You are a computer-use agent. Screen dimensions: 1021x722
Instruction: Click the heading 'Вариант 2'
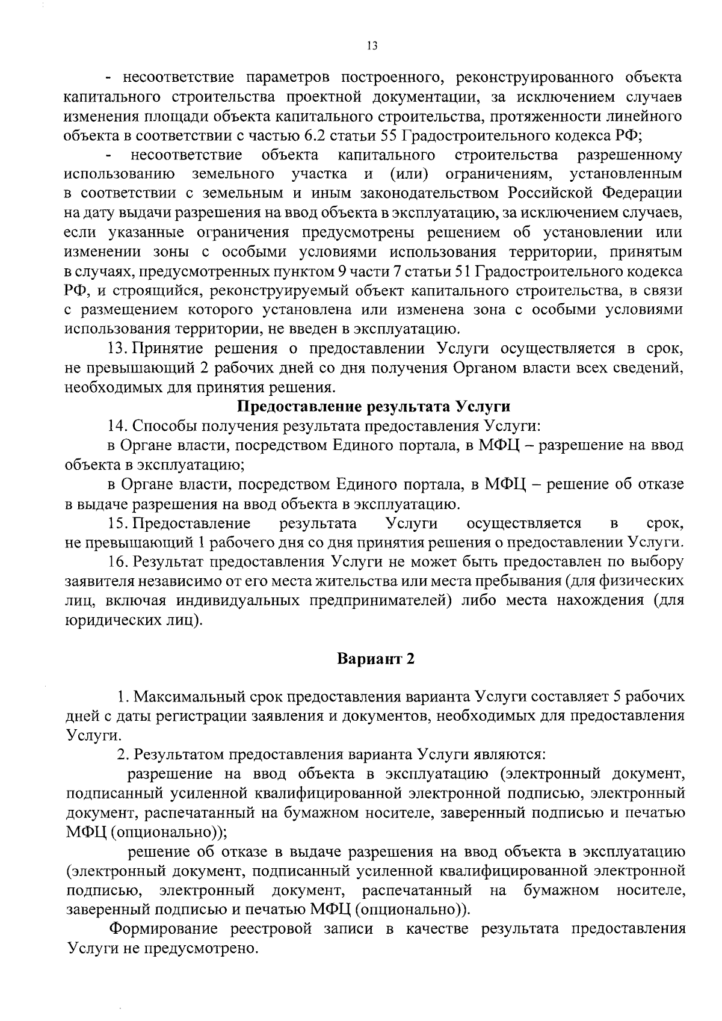click(375, 658)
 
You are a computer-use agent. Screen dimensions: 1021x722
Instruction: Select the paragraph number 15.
click(117, 523)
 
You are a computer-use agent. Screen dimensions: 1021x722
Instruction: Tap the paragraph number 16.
click(118, 562)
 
